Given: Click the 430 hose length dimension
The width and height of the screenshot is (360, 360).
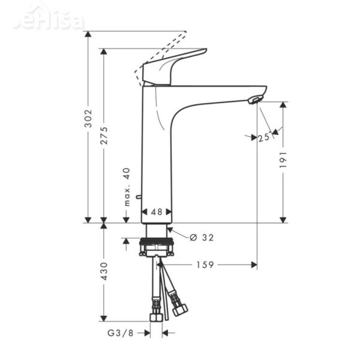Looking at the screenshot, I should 104,271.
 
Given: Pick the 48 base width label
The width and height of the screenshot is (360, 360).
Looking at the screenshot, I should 157,212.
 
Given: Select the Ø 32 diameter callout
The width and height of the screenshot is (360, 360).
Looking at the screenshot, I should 202,238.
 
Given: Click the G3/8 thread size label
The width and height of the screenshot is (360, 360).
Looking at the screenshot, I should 120,332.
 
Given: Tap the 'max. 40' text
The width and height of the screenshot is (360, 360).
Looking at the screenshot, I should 127,187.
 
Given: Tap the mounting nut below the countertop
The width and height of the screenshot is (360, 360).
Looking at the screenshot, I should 157,247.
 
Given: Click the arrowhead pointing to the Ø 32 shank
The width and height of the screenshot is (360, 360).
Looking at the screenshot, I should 171,231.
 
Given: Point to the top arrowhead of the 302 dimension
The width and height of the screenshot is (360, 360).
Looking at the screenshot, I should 88,34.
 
